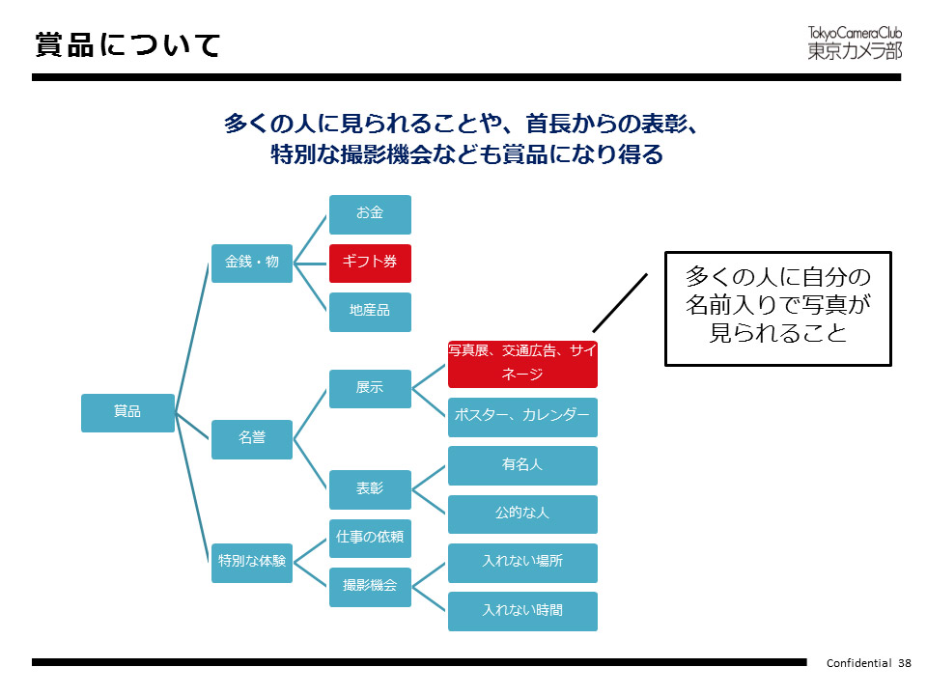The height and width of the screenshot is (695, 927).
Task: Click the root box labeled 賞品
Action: tap(127, 412)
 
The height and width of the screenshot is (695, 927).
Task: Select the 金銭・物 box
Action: tap(252, 262)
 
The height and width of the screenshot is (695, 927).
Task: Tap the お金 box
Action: tap(370, 213)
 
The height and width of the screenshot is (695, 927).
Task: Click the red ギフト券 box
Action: tap(370, 263)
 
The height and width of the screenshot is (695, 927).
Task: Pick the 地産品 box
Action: tap(370, 312)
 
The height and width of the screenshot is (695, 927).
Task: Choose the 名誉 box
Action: tap(252, 437)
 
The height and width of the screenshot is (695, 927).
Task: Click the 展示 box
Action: tap(370, 388)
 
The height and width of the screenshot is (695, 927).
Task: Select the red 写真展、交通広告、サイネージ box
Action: tap(522, 363)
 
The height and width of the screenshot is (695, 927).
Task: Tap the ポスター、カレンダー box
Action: tap(522, 417)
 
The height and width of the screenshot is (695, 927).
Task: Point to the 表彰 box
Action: tap(370, 488)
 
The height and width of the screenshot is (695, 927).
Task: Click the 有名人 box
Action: tap(522, 465)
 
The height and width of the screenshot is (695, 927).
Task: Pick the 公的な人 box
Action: tap(522, 514)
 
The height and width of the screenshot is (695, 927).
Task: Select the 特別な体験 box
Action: tap(252, 561)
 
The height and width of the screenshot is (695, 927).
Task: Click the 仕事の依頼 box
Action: tap(370, 538)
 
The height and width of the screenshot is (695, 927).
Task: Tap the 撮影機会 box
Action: tap(370, 586)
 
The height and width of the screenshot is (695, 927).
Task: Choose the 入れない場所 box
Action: tap(522, 562)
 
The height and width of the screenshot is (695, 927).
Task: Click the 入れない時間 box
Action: tap(522, 611)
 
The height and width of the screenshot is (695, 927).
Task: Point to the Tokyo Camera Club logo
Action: tap(855, 42)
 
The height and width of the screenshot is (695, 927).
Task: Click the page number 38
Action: tap(905, 663)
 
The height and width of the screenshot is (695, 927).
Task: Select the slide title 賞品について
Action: tap(127, 44)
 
